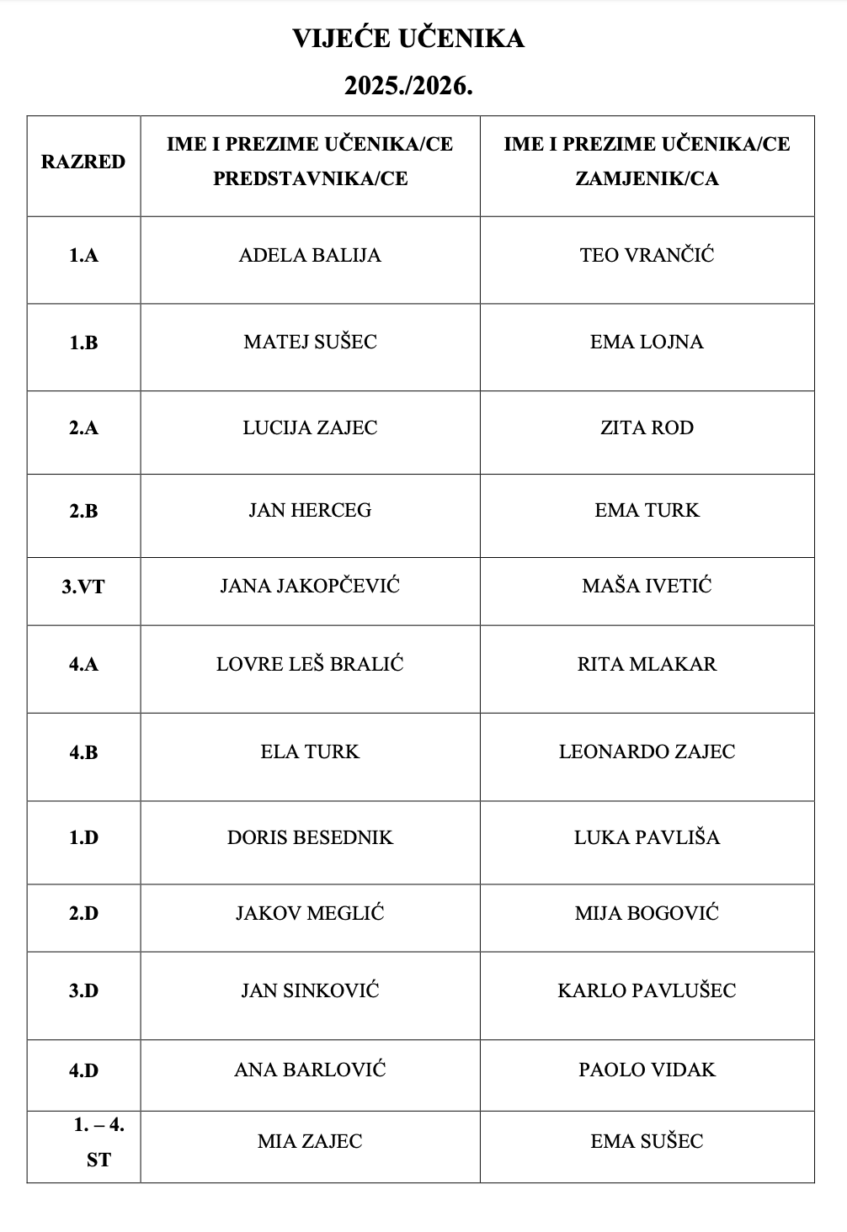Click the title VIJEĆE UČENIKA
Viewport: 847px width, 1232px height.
[408, 39]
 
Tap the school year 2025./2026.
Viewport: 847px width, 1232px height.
[408, 86]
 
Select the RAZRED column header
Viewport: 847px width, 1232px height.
[83, 162]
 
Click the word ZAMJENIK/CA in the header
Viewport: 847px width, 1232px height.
[647, 179]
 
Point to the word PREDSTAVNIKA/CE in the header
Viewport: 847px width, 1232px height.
[310, 179]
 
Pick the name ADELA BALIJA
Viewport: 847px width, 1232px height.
[310, 256]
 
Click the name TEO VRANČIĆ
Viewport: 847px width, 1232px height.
[647, 256]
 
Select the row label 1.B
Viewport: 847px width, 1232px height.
[83, 343]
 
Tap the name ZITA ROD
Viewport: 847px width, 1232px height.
[647, 428]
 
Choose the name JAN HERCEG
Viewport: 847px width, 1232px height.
[310, 511]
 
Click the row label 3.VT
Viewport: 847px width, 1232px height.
[83, 587]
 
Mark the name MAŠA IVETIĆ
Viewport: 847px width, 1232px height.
[647, 587]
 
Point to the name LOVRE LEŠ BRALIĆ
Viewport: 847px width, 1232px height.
[310, 665]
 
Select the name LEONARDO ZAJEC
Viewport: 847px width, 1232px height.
[647, 752]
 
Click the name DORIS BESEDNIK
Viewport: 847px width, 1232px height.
[310, 838]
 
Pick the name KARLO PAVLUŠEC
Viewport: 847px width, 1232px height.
[647, 991]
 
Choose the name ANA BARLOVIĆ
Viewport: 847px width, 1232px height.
[310, 1070]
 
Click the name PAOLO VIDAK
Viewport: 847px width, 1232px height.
[647, 1070]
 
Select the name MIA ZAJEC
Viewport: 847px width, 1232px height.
[310, 1142]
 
